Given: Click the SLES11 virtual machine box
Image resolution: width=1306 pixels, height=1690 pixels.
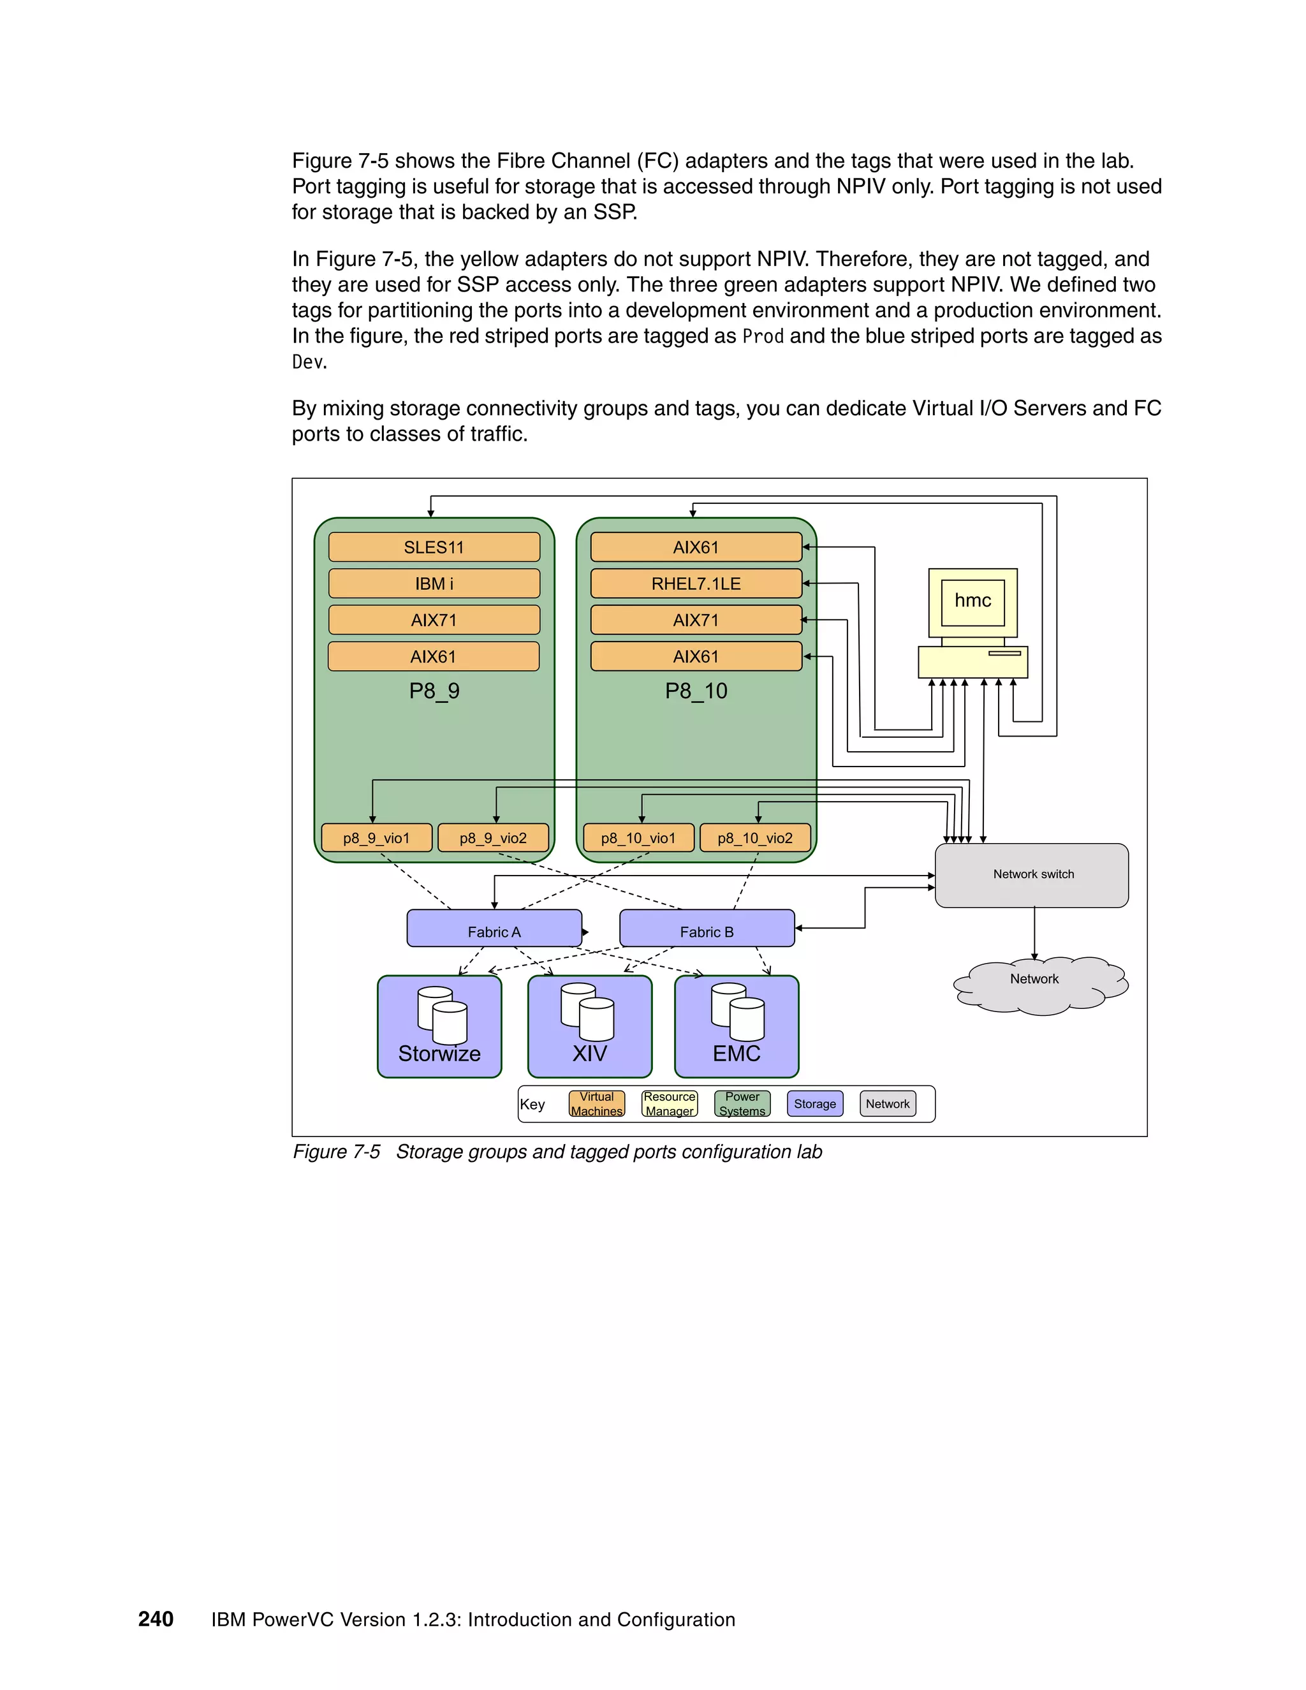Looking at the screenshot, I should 434,547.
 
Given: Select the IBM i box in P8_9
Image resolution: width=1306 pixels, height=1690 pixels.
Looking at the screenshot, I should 434,584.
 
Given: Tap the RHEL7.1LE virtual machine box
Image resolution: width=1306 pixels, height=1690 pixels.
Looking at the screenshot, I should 696,584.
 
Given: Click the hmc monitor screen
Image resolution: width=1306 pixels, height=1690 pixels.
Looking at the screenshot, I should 972,601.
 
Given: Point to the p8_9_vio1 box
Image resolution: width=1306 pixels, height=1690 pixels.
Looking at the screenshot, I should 377,838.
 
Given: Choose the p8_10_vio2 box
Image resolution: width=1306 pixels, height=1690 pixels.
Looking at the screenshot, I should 755,838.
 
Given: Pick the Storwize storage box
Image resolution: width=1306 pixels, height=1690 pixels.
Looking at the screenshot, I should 439,1027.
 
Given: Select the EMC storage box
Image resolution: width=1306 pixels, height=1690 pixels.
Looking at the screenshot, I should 737,1027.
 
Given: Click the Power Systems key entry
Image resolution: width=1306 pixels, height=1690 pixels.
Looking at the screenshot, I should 742,1104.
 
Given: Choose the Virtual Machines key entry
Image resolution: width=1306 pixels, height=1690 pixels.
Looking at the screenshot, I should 596,1104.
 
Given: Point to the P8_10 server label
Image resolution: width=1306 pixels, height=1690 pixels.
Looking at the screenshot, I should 696,691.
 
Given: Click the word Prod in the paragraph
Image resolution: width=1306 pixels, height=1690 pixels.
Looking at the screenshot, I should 763,337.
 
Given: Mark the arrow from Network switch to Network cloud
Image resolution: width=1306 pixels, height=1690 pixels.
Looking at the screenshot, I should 1034,932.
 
